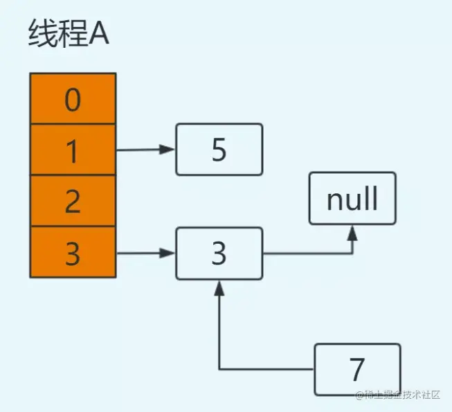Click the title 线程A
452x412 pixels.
click(x=69, y=33)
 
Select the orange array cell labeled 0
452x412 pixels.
click(x=73, y=98)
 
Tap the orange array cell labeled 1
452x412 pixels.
click(x=73, y=150)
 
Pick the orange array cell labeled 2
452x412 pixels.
click(x=73, y=201)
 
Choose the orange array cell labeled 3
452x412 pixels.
click(x=73, y=252)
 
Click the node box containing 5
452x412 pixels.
click(x=219, y=150)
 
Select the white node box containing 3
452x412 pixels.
click(x=219, y=253)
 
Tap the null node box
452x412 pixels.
click(x=352, y=198)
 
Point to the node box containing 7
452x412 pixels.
click(x=357, y=370)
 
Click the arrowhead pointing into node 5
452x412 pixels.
click(x=168, y=150)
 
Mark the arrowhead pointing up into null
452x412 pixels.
click(x=352, y=233)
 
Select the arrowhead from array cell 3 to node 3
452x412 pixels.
click(x=168, y=253)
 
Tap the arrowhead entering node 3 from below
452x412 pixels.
click(x=219, y=288)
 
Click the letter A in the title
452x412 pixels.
click(x=98, y=34)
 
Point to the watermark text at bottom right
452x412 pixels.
click(x=398, y=395)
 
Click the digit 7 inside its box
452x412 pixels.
click(x=357, y=369)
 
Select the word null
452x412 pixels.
click(x=352, y=198)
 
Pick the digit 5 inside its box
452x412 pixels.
click(x=219, y=150)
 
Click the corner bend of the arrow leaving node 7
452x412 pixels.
click(x=219, y=369)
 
